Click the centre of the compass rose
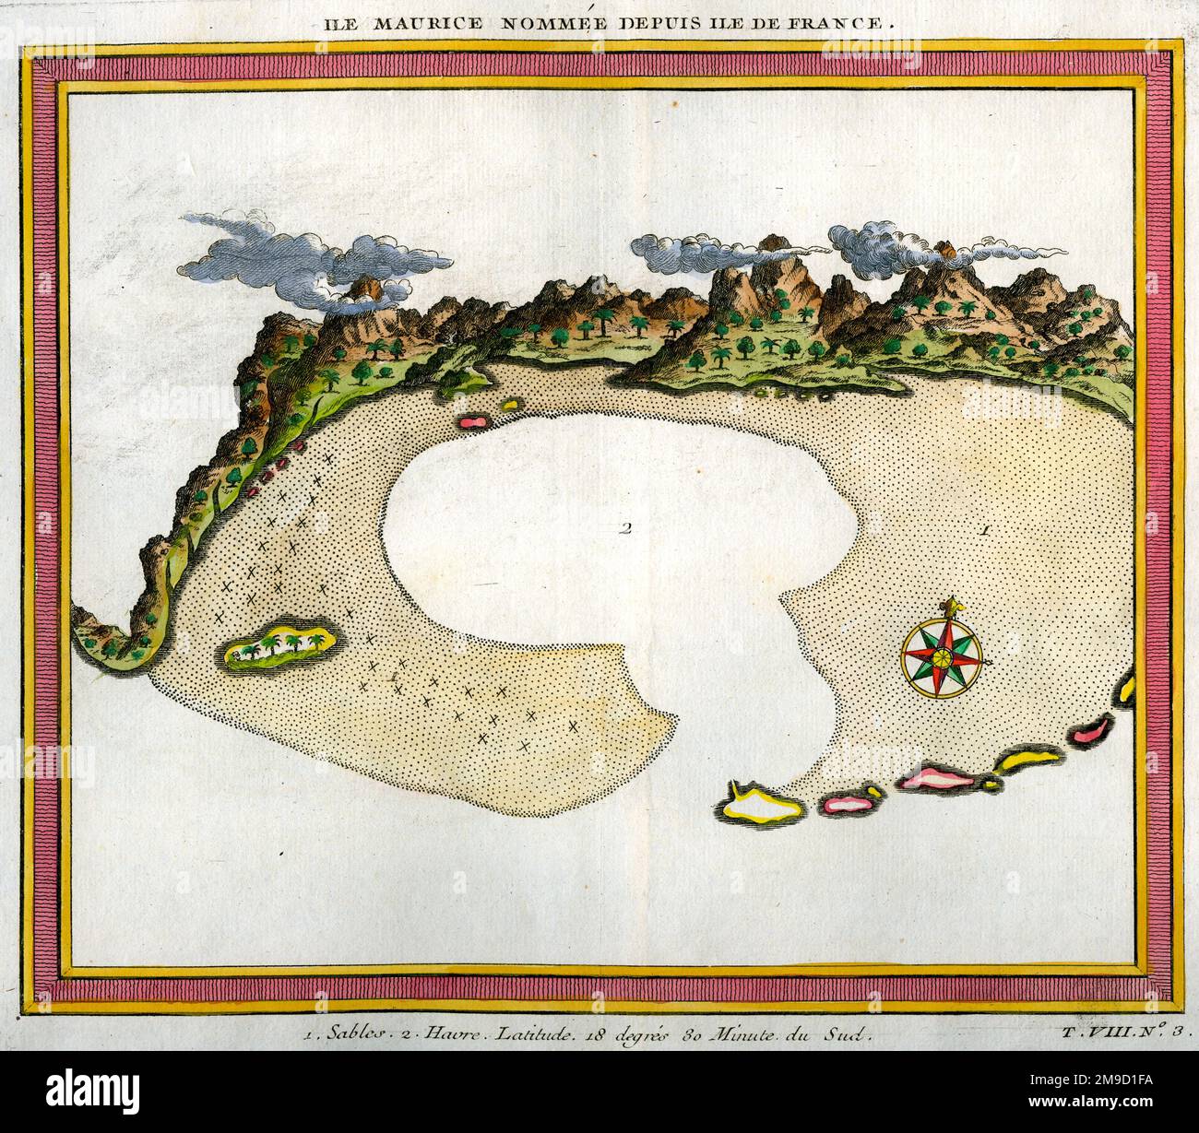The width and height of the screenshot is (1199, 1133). click(x=942, y=658)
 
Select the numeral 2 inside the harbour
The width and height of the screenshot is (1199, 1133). click(x=625, y=529)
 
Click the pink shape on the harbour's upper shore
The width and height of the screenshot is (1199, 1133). click(x=471, y=421)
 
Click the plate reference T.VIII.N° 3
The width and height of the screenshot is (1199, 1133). click(x=1125, y=1033)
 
